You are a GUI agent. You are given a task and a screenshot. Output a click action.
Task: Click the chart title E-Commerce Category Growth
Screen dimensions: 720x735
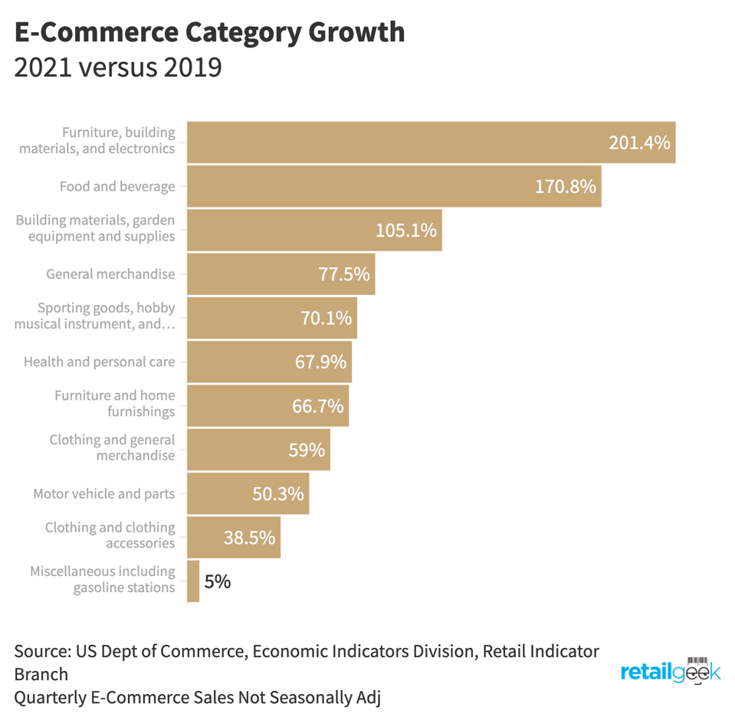(209, 32)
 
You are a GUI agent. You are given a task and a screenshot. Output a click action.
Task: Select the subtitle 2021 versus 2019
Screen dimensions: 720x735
(118, 67)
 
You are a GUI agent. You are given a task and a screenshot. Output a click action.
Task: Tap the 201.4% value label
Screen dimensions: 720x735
(639, 142)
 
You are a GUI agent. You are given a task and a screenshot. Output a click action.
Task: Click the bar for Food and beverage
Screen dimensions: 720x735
(394, 186)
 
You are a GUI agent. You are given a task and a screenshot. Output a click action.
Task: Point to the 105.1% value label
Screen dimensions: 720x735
(406, 230)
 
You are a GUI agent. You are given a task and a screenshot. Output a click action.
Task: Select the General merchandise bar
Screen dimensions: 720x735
(281, 274)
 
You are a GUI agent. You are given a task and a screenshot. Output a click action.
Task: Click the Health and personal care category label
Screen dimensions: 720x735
(100, 362)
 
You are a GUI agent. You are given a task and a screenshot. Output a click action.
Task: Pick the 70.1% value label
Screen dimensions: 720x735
(326, 318)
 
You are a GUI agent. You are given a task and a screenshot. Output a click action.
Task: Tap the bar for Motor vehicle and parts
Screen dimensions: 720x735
(248, 493)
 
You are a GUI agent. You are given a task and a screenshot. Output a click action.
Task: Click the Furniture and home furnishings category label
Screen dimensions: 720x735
(115, 404)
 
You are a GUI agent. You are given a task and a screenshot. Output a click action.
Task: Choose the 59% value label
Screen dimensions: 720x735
(307, 450)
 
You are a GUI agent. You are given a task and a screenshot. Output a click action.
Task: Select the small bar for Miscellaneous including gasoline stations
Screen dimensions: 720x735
(193, 581)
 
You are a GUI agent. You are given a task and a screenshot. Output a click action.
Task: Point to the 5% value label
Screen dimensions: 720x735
(218, 582)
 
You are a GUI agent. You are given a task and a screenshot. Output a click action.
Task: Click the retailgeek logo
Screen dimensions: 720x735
(671, 671)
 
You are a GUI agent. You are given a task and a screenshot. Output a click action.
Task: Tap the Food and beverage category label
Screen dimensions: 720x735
(117, 186)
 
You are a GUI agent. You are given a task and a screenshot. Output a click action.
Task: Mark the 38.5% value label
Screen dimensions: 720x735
(249, 538)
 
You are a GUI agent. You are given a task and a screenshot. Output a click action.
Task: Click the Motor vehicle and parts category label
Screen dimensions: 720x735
(104, 494)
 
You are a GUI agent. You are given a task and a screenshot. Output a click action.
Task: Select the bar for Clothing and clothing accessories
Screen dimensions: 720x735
(234, 538)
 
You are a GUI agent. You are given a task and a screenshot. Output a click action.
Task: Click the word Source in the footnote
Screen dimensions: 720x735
(40, 652)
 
